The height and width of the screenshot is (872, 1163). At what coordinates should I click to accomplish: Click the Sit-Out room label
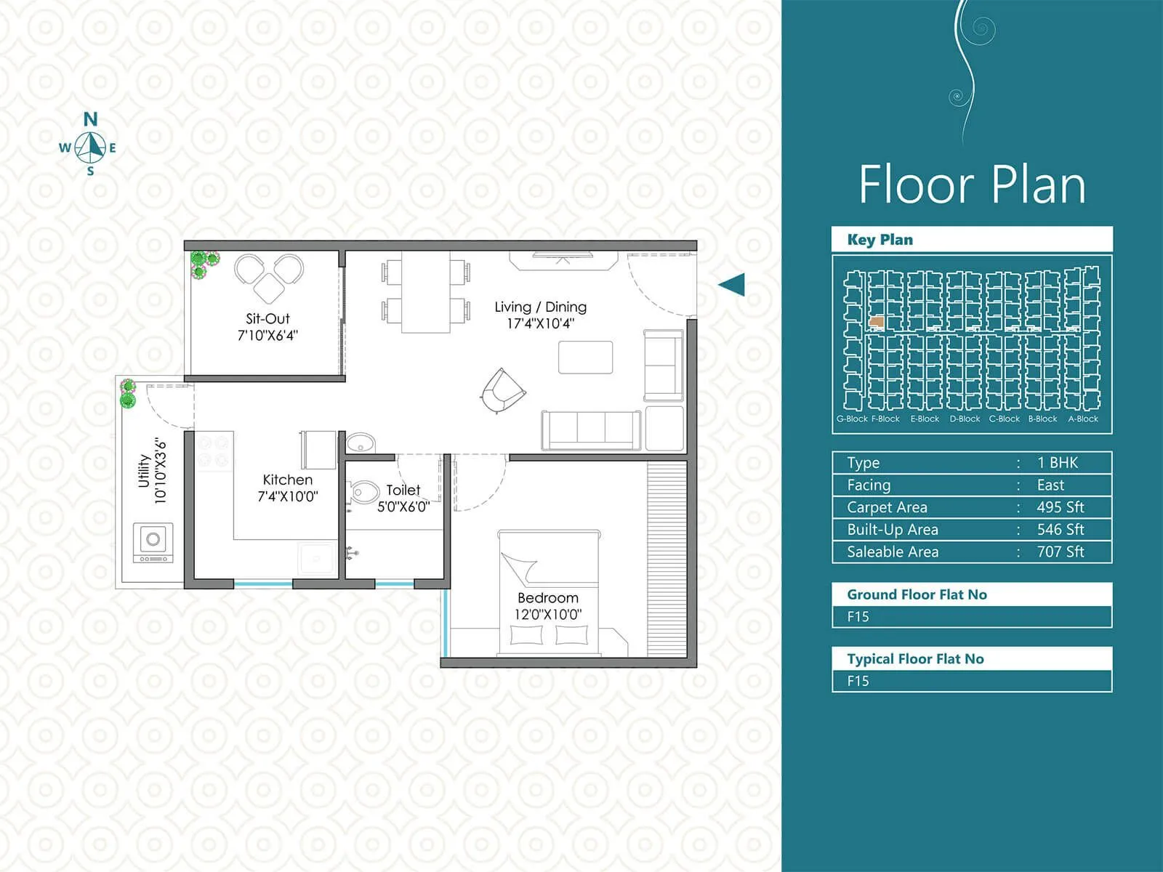(x=267, y=318)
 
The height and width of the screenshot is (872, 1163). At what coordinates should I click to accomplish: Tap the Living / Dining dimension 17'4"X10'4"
(x=540, y=324)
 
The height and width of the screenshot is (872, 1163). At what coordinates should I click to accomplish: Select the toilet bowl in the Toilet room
(x=363, y=493)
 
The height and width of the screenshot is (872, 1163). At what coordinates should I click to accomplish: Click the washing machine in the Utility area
(x=153, y=542)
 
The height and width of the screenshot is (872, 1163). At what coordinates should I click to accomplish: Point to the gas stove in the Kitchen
(x=214, y=451)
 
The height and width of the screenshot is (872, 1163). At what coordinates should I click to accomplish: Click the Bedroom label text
(x=548, y=597)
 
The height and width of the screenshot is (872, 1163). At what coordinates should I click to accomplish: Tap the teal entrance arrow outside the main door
(x=732, y=284)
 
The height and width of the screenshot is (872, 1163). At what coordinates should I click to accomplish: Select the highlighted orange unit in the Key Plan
(x=877, y=321)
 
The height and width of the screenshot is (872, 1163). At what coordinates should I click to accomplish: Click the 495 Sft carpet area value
(x=1060, y=507)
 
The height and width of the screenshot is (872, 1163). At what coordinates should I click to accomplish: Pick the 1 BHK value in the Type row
(x=1057, y=463)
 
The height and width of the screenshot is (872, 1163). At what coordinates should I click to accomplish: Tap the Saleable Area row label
(x=892, y=552)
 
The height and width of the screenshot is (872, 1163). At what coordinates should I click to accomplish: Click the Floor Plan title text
(x=972, y=185)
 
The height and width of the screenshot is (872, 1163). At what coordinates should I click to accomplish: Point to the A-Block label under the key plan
(x=1082, y=419)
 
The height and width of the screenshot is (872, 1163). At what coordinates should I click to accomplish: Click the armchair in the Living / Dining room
(x=502, y=389)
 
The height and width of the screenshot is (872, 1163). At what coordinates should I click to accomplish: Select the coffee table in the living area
(x=585, y=358)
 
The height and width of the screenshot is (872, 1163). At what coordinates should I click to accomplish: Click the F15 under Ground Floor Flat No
(x=858, y=616)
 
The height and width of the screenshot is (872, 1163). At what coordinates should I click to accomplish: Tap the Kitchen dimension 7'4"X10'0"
(x=288, y=497)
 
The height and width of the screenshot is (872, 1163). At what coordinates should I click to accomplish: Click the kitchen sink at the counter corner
(x=317, y=558)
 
